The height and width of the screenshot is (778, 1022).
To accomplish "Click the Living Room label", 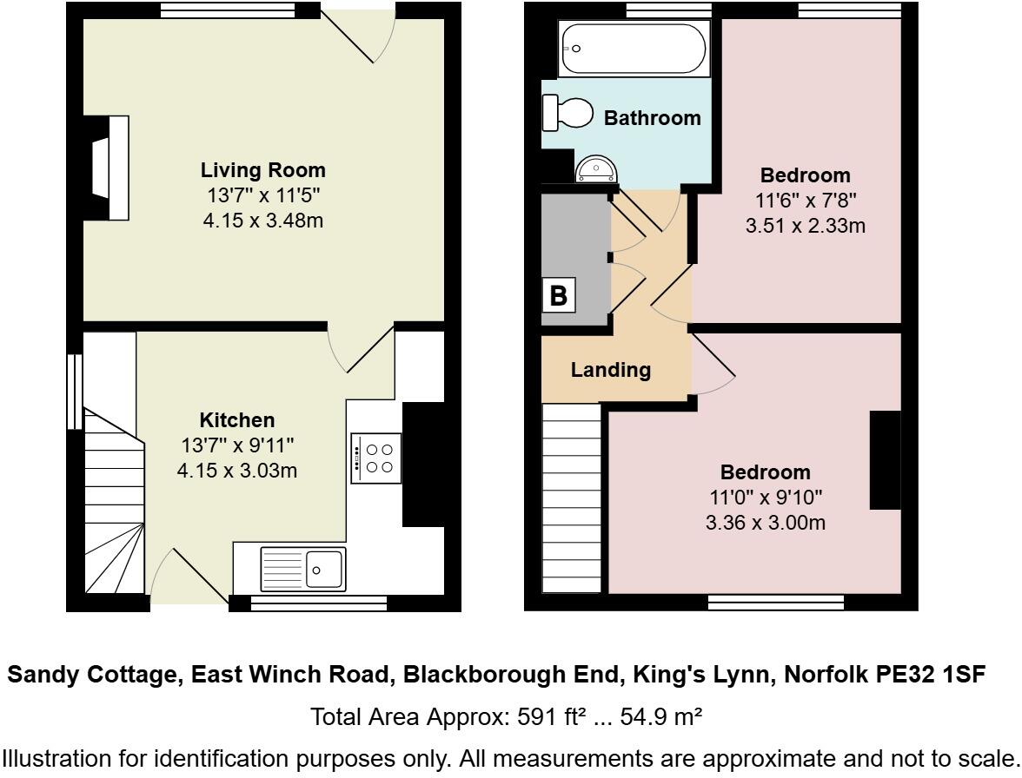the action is (x=262, y=170).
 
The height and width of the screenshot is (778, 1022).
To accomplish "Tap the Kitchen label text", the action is (x=237, y=420).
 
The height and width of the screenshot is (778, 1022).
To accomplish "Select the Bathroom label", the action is (x=653, y=118).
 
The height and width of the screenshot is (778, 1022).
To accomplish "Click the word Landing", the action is (x=611, y=370).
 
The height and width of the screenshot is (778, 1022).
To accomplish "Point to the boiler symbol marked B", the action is (x=559, y=295).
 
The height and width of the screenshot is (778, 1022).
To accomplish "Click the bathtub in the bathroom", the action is (x=634, y=49).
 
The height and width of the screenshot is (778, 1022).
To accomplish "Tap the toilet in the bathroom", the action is (x=567, y=113).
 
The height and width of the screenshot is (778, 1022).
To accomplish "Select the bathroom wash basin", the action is (x=595, y=169).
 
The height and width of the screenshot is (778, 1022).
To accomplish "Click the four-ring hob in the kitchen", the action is (x=376, y=458).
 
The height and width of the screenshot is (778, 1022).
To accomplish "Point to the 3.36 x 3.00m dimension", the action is (x=765, y=523).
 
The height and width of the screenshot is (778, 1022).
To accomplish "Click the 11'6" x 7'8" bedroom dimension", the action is (x=806, y=201).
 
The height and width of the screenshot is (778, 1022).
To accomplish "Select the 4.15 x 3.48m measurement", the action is (x=262, y=221).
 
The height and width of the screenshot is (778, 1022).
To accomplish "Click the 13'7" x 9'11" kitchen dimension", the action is (x=237, y=445).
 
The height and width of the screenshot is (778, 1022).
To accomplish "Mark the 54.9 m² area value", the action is (x=660, y=717).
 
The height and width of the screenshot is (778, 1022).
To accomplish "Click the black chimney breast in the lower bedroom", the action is (x=886, y=459).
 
